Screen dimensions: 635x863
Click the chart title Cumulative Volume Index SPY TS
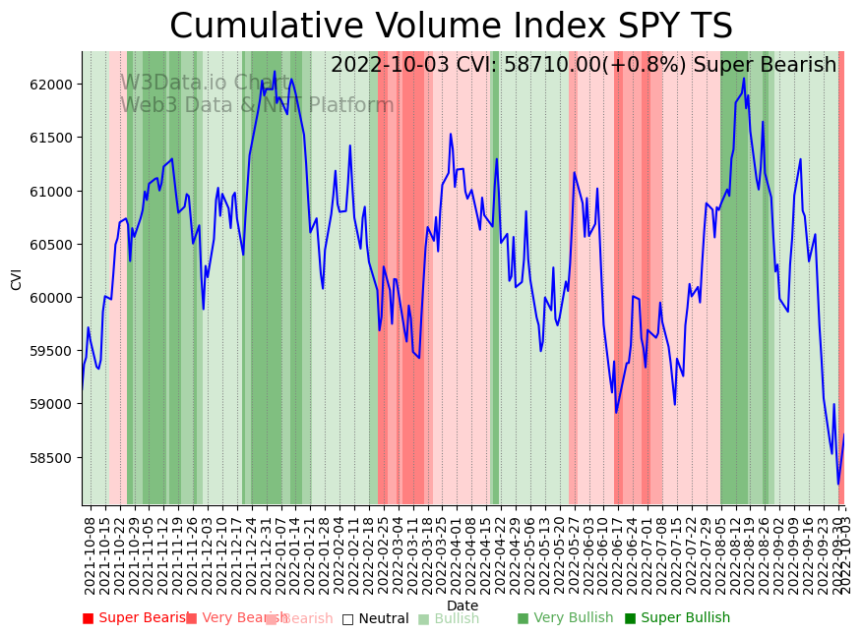pos(451,27)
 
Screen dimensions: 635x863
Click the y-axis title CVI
pos(16,279)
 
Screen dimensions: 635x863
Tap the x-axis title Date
pos(462,606)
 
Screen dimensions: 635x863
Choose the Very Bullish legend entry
pos(565,618)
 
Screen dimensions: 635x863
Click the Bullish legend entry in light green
pos(449,618)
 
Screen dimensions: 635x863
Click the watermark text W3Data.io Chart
pos(206,83)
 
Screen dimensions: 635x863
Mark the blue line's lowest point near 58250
pos(838,484)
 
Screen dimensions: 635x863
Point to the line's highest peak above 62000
pos(275,72)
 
